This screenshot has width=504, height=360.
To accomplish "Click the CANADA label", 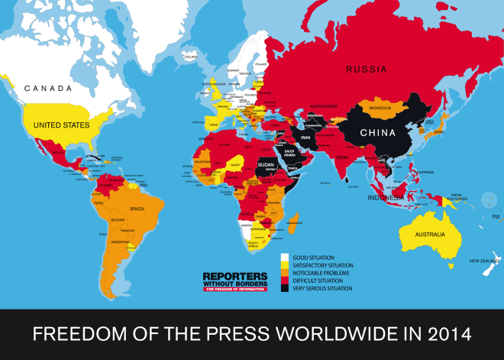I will (x=48, y=89).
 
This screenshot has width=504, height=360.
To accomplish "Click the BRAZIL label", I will (x=139, y=209).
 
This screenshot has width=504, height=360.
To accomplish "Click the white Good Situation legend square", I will (x=285, y=257).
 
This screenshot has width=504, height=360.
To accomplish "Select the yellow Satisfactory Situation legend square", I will (x=285, y=264).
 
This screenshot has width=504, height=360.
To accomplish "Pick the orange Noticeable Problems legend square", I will (x=285, y=272).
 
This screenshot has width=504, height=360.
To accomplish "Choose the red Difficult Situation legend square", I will (x=285, y=280).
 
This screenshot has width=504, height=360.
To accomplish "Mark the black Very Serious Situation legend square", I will (x=285, y=287).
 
